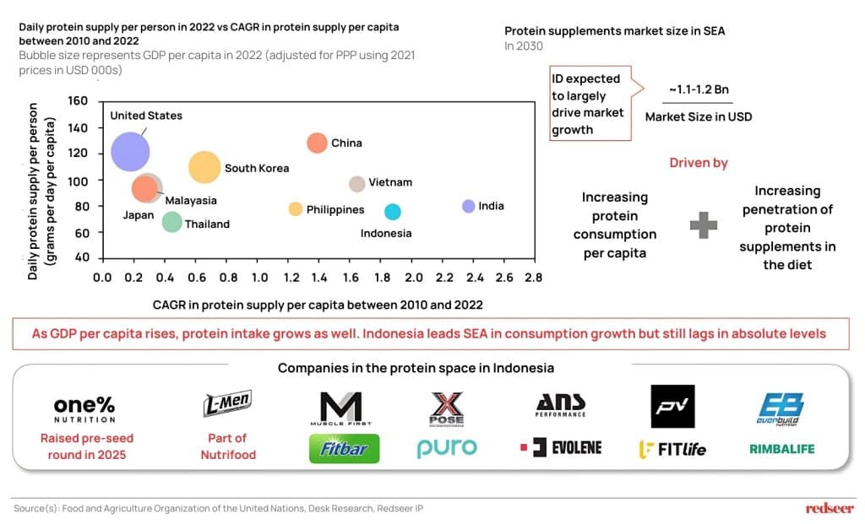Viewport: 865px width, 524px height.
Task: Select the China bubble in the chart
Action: [317, 143]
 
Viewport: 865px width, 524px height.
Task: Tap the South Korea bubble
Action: [205, 168]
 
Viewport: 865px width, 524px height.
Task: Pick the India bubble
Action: [469, 206]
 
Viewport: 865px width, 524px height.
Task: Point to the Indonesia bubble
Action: [392, 212]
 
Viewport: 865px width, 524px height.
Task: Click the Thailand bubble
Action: [171, 222]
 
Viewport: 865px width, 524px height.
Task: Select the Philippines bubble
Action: [295, 208]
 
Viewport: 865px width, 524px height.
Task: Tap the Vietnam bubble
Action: [356, 183]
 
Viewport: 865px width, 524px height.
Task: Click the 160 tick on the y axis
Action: [78, 101]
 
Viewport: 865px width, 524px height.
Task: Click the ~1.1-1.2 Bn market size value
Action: [697, 89]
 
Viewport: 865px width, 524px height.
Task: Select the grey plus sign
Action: [704, 226]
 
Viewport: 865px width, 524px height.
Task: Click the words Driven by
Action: [699, 163]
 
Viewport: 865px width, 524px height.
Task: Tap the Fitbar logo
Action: [344, 449]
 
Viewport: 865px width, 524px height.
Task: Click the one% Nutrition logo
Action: [84, 408]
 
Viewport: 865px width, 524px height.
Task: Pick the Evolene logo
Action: [561, 447]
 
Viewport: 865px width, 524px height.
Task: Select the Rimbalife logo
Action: [782, 449]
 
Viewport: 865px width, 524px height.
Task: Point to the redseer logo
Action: [830, 508]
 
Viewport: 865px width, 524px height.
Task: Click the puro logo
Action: [447, 448]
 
